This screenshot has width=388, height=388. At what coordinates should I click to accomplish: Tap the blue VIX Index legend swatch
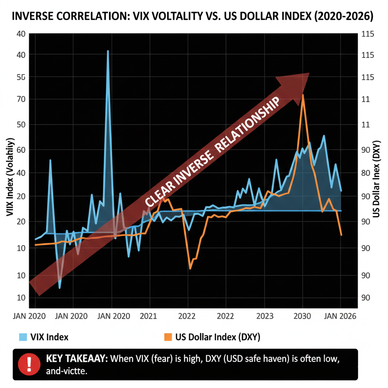[23, 337]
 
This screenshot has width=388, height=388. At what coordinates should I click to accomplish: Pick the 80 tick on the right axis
[367, 173]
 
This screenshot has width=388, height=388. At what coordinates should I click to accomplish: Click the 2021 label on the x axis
[148, 316]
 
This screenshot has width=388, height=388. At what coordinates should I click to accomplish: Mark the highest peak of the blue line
[108, 51]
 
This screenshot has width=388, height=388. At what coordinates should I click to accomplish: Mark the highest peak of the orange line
[303, 95]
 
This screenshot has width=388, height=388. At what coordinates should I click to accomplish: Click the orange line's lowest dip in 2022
[190, 269]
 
